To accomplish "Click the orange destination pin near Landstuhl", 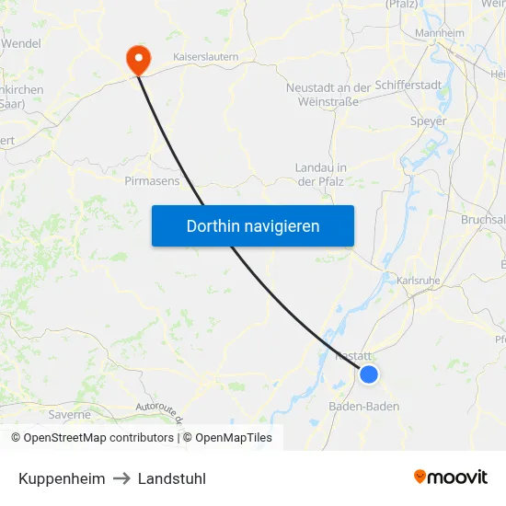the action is tap(139, 59).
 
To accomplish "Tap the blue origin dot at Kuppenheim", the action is tap(369, 374).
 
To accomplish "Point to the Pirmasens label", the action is tap(152, 181).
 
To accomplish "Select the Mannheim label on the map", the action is tap(439, 34).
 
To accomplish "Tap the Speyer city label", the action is tap(428, 121).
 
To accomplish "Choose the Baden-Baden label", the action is tap(364, 405).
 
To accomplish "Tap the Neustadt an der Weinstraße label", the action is tap(328, 94).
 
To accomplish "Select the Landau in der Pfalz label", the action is tap(320, 174).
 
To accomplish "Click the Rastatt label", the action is tap(354, 355).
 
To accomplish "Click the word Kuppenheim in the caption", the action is tap(62, 478).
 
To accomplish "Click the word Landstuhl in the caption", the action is tap(172, 478).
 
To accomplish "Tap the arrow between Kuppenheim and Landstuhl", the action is tap(121, 478).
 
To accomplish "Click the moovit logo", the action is tap(451, 477).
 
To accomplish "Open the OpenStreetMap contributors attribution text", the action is tap(98, 438).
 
